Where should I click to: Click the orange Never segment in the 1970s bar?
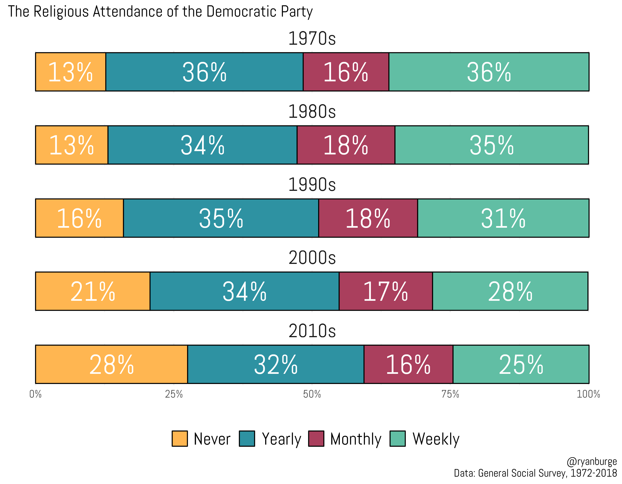pos(70,72)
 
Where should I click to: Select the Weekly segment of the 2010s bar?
pos(521,364)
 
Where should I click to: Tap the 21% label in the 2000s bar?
pos(93,291)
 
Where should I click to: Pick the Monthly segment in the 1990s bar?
pos(368,218)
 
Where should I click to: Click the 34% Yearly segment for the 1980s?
pos(202,145)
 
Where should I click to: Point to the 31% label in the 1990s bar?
pos(503,218)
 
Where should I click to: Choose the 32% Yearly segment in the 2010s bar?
pos(276,364)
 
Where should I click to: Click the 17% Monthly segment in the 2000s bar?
pos(386,291)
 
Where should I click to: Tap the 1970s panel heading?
pos(312,38)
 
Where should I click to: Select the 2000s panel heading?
pos(312,258)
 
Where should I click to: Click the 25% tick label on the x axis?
pos(174,394)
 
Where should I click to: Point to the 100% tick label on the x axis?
pos(588,394)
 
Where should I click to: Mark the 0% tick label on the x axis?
pos(36,394)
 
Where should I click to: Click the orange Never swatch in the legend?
pos(180,439)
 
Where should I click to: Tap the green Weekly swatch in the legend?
pos(398,439)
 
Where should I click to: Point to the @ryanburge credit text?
pos(592,461)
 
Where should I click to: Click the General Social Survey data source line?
pos(535,473)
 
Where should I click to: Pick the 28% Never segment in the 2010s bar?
pos(111,364)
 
